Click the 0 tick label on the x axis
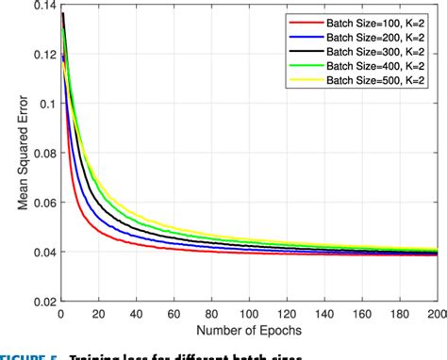(x=59, y=313)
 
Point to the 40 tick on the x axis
(x=136, y=313)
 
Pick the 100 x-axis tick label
(x=250, y=313)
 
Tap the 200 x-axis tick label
(x=438, y=313)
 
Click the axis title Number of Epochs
(x=249, y=329)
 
